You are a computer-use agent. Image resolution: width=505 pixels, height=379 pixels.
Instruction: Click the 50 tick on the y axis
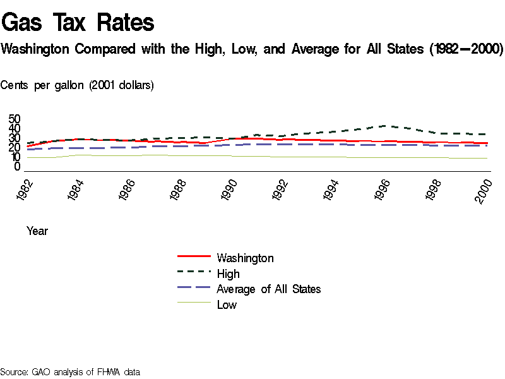point(15,119)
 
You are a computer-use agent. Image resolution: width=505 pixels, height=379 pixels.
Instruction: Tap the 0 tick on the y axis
point(18,167)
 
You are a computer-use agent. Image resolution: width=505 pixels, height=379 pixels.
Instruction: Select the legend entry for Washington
point(245,258)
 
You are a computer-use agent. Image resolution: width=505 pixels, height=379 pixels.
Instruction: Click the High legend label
point(228,274)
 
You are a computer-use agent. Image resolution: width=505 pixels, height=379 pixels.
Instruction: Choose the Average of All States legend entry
point(268,289)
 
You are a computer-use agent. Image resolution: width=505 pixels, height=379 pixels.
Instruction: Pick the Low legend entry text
point(227,304)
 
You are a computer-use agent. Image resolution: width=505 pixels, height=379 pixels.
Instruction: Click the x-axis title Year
point(37,231)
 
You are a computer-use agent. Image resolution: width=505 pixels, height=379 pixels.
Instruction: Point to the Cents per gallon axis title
point(77,85)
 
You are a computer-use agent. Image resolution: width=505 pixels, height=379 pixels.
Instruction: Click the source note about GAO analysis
point(69,371)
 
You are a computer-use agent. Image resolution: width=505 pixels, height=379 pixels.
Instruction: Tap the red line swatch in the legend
point(193,256)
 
